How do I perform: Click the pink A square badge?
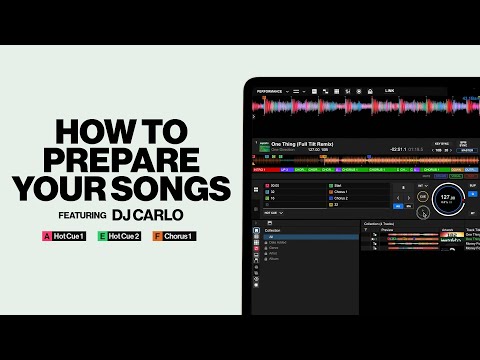(46, 236)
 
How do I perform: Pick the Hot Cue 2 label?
(127, 236)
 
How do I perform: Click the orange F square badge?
(157, 236)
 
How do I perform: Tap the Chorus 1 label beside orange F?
(180, 236)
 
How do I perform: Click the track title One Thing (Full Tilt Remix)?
(304, 144)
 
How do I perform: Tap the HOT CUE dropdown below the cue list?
(271, 213)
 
